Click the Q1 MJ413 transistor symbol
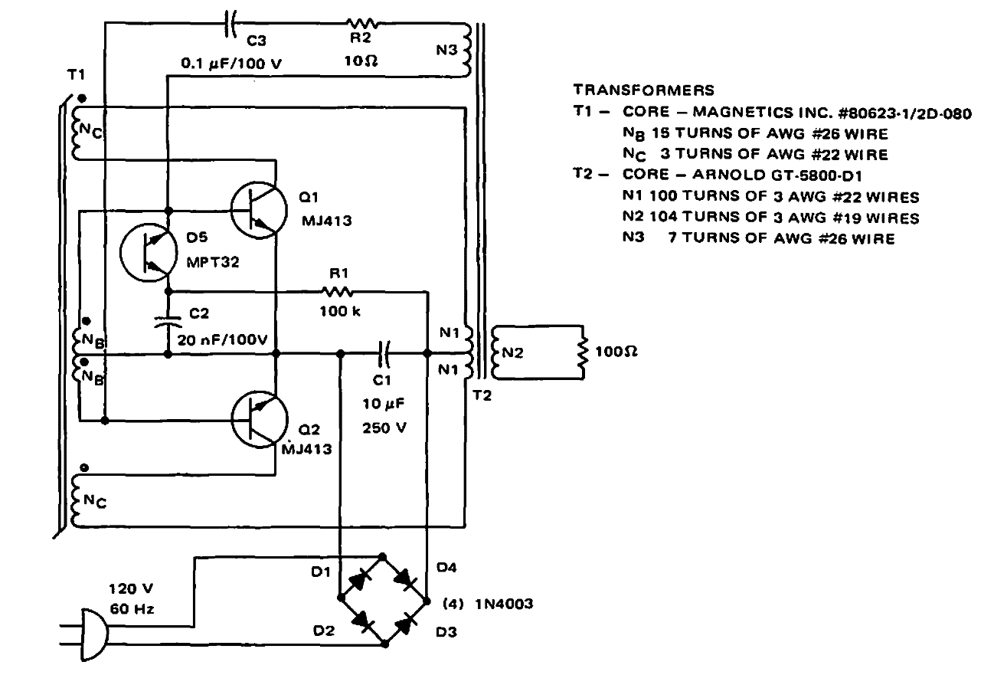pyautogui.click(x=257, y=210)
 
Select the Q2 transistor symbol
pyautogui.click(x=257, y=418)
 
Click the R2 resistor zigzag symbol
pyautogui.click(x=363, y=25)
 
